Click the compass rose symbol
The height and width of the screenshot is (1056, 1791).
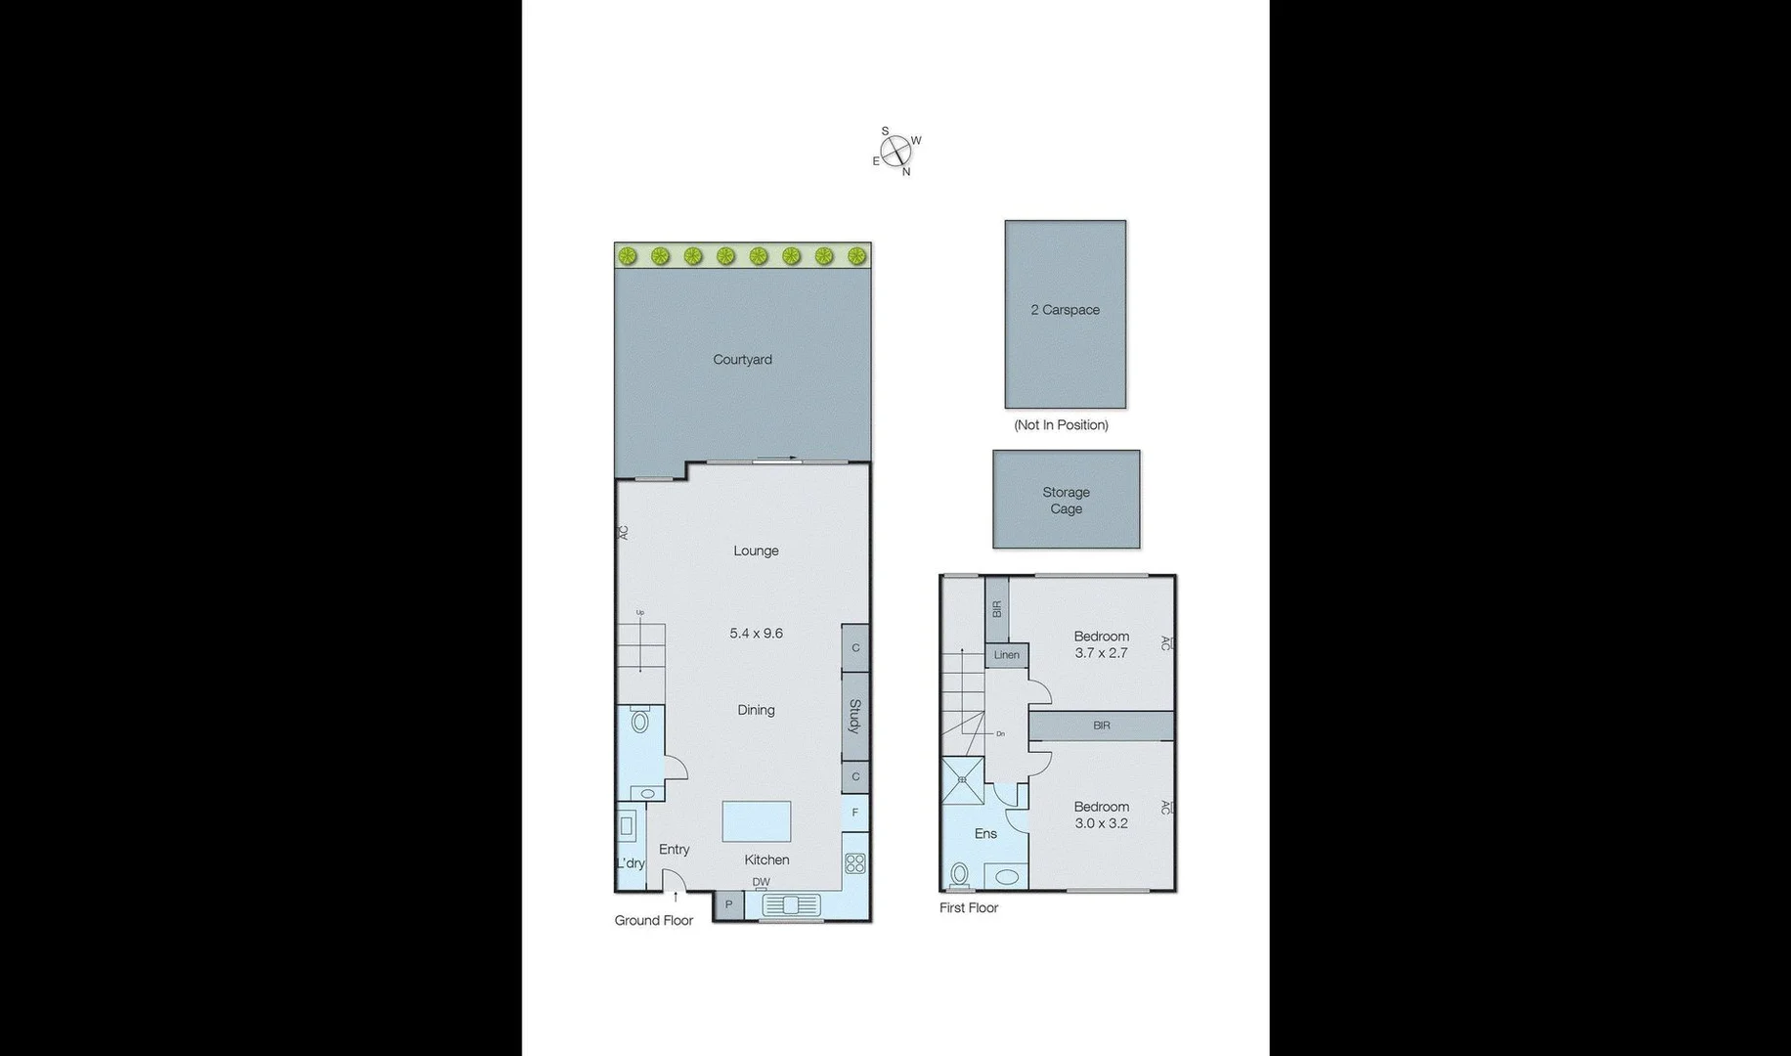pyautogui.click(x=895, y=152)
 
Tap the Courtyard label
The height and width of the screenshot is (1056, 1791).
pyautogui.click(x=742, y=360)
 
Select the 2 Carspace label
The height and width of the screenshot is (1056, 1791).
pyautogui.click(x=1065, y=310)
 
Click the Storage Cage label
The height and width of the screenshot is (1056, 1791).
pyautogui.click(x=1066, y=501)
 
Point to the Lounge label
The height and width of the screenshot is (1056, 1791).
pyautogui.click(x=756, y=550)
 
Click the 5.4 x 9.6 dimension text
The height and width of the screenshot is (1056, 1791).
pyautogui.click(x=756, y=634)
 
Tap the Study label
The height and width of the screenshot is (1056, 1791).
pyautogui.click(x=854, y=716)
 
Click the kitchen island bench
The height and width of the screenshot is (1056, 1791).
pyautogui.click(x=756, y=821)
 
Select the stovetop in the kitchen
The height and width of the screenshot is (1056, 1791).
pyautogui.click(x=855, y=863)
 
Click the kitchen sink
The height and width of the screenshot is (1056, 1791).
pyautogui.click(x=792, y=905)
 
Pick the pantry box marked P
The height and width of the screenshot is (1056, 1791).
pyautogui.click(x=728, y=905)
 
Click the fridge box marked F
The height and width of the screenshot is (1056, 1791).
pyautogui.click(x=855, y=813)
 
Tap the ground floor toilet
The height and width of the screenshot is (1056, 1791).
pyautogui.click(x=640, y=722)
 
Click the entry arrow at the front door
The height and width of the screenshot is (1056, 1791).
pyautogui.click(x=675, y=896)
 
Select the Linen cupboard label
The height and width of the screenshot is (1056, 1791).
pyautogui.click(x=1006, y=655)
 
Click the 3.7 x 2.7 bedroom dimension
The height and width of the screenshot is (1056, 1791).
pyautogui.click(x=1101, y=653)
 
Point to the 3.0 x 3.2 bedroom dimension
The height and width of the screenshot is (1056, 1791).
pyautogui.click(x=1101, y=823)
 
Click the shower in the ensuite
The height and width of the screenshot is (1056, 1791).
pyautogui.click(x=962, y=780)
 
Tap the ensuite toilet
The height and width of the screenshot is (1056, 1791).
pyautogui.click(x=959, y=873)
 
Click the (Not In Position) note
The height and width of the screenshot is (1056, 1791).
pyautogui.click(x=1061, y=425)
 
